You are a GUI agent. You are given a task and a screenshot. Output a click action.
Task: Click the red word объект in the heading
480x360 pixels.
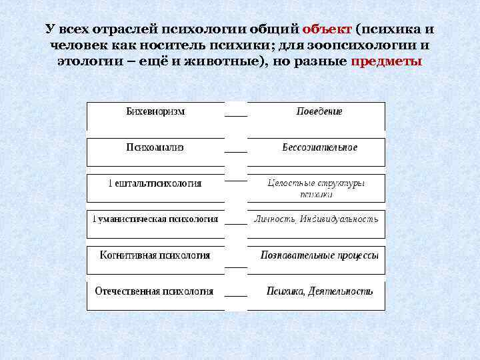tap(327, 30)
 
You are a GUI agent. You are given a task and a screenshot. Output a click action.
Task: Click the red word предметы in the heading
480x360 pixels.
tap(385, 61)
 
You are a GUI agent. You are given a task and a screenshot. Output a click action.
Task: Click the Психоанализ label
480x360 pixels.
tap(155, 147)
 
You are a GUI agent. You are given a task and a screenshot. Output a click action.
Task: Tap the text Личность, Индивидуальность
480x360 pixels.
tap(316, 219)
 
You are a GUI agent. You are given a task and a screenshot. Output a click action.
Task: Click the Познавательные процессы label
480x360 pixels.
tap(319, 255)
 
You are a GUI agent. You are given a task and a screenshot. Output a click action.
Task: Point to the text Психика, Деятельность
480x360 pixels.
tap(320, 291)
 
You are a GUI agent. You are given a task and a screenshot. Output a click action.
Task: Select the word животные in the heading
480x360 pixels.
tap(215, 61)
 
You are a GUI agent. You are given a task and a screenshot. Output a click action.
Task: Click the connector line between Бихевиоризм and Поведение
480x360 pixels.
tap(236, 115)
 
